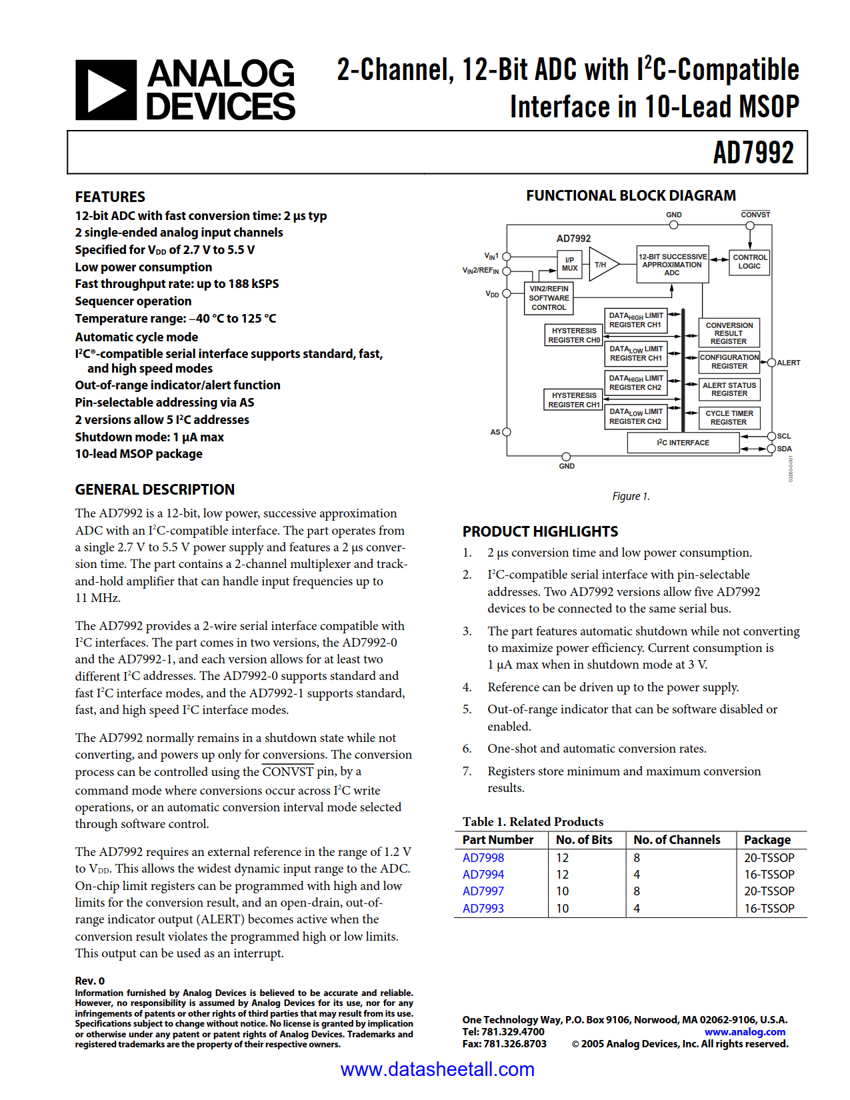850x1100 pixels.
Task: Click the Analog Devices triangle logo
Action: point(105,90)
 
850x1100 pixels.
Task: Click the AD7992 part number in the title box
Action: point(753,153)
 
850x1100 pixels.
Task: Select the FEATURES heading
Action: point(110,197)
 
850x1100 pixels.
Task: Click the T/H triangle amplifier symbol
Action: point(602,265)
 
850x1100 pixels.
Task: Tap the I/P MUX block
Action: point(569,264)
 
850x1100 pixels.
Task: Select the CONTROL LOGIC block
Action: point(749,261)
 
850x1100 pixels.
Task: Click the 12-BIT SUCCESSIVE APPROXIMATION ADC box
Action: point(672,265)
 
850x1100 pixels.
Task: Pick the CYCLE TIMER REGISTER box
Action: point(729,417)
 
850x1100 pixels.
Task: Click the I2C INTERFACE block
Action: point(683,443)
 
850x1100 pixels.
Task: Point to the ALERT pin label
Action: point(788,363)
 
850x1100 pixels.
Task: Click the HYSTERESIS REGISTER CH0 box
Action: point(573,335)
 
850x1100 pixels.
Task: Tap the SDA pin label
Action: point(784,449)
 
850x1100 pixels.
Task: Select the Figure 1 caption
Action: point(631,496)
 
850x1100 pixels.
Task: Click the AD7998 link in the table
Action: point(483,858)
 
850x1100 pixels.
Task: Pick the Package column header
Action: point(767,840)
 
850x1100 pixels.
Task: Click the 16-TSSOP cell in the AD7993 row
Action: point(769,908)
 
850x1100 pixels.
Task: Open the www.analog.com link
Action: point(745,1032)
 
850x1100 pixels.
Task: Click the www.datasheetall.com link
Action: point(437,1069)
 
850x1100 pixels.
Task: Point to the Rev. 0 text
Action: point(90,981)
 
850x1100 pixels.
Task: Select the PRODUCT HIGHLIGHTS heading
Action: point(540,531)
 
